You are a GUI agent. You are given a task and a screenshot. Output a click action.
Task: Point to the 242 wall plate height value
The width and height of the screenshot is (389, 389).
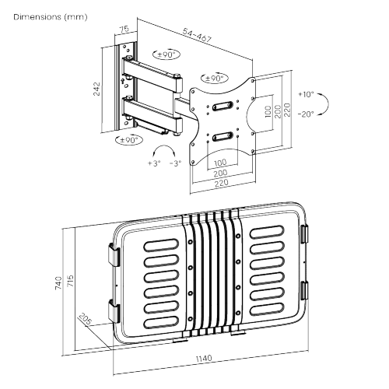coord(96,89)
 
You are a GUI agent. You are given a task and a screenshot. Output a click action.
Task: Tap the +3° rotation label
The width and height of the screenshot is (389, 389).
coord(152,163)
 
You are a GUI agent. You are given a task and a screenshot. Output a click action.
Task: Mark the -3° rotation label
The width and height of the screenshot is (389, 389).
coord(177,163)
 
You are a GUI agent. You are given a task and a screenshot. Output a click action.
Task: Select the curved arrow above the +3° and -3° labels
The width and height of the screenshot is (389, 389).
coord(164,149)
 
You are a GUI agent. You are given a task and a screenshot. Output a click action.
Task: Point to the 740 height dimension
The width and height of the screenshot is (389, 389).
coord(58,283)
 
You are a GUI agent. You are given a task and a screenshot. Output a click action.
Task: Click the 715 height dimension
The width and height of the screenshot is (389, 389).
coord(72,279)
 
